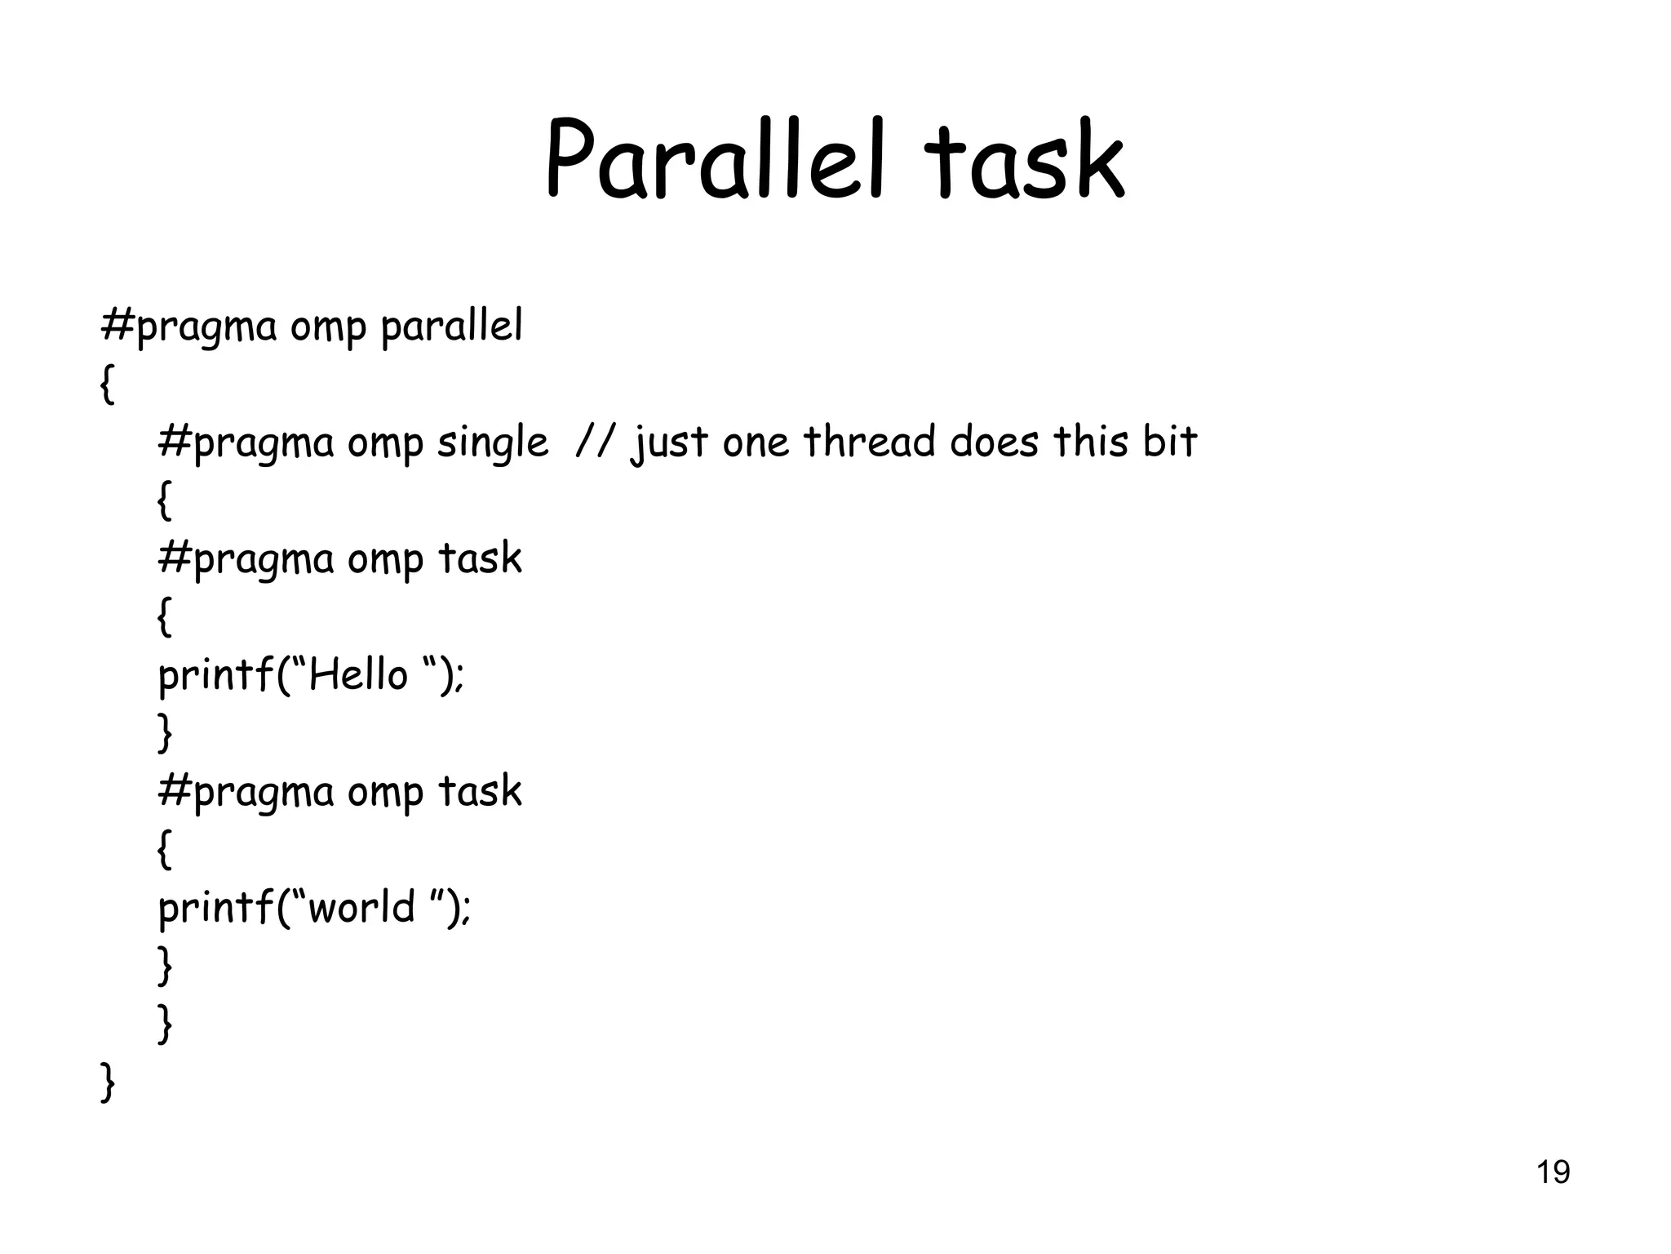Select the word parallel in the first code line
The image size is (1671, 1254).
451,327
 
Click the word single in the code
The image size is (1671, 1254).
492,443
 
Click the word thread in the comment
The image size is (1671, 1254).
869,442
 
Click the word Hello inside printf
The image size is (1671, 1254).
357,675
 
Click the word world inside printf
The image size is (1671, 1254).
361,907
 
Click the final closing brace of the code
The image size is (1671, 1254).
107,1083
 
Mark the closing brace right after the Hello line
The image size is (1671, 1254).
164,732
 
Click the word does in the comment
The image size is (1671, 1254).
994,442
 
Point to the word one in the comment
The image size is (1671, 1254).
756,443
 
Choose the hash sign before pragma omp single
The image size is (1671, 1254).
174,442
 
